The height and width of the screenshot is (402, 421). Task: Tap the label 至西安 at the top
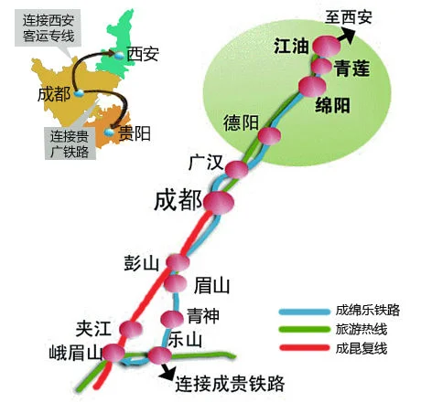pyautogui.click(x=351, y=16)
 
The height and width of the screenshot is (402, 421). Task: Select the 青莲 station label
pyautogui.click(x=353, y=67)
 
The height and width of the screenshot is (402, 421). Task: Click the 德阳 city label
pyautogui.click(x=242, y=124)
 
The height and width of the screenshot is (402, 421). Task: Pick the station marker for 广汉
pyautogui.click(x=237, y=169)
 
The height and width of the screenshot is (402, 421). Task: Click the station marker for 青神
pyautogui.click(x=172, y=318)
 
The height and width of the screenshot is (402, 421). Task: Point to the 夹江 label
pyautogui.click(x=94, y=327)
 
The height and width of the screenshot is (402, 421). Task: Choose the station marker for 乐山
pyautogui.click(x=160, y=355)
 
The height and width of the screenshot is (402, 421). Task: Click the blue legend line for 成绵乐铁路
pyautogui.click(x=304, y=311)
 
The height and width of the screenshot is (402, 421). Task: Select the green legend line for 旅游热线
pyautogui.click(x=304, y=329)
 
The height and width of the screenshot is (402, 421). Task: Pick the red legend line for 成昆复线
pyautogui.click(x=304, y=348)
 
